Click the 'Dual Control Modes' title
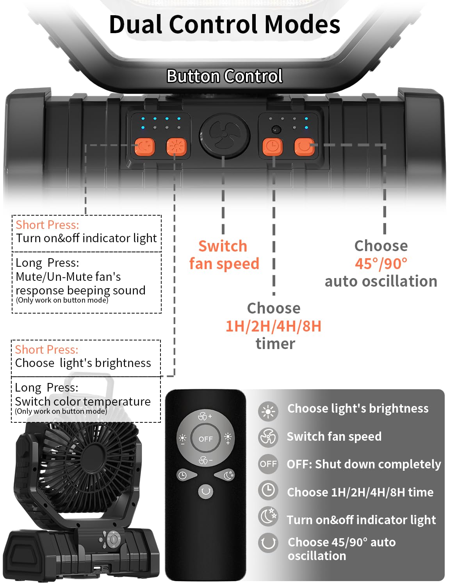pyautogui.click(x=224, y=24)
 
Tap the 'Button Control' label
pyautogui.click(x=224, y=76)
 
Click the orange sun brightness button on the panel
pyautogui.click(x=176, y=147)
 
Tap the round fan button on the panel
pyautogui.click(x=224, y=135)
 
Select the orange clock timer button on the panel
pyautogui.click(x=273, y=147)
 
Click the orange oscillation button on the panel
pyautogui.click(x=304, y=147)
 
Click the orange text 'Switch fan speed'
pyautogui.click(x=224, y=255)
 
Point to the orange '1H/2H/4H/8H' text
pyautogui.click(x=273, y=326)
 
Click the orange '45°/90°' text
pyautogui.click(x=381, y=264)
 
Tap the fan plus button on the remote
pyautogui.click(x=205, y=416)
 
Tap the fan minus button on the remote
pyautogui.click(x=205, y=461)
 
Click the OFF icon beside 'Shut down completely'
pyautogui.click(x=268, y=464)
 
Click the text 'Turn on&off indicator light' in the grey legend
pyautogui.click(x=361, y=520)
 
